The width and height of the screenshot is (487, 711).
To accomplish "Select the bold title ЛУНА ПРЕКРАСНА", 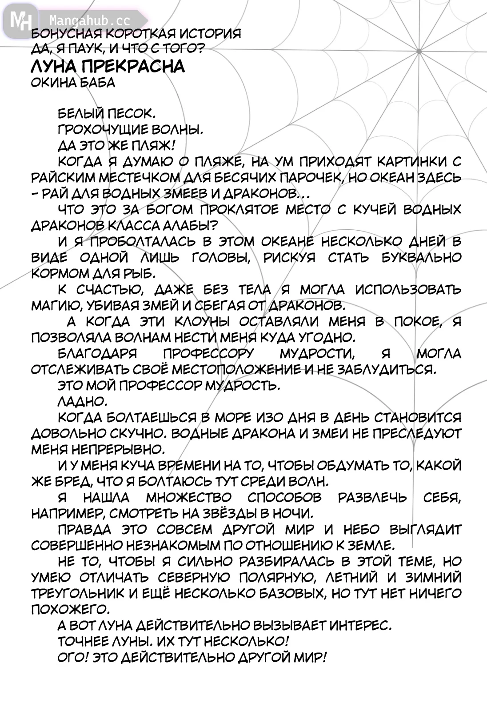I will click(108, 66).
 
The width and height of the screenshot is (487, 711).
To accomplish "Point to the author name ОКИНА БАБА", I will click(73, 83).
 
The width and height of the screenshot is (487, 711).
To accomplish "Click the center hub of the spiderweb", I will click(419, 52).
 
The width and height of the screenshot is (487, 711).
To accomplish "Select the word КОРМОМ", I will click(58, 273).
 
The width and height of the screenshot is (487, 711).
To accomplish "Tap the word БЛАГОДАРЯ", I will click(97, 353).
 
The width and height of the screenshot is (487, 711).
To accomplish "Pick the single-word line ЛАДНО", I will click(83, 401).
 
